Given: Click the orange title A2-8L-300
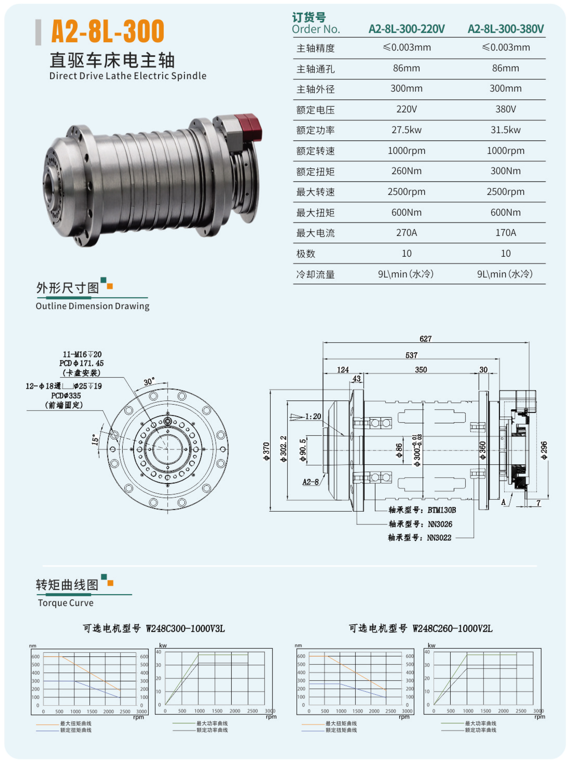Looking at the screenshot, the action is (108, 31).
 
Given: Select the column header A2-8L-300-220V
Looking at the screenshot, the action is (407, 29).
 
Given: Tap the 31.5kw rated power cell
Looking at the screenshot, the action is (505, 130).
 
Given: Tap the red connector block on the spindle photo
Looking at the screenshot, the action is (248, 127).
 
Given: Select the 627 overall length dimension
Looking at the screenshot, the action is (425, 339).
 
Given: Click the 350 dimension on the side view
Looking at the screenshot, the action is (421, 370).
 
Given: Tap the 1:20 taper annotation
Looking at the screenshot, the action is (313, 416).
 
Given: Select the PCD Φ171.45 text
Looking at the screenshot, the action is (81, 363).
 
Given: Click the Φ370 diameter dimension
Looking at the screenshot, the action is (266, 451).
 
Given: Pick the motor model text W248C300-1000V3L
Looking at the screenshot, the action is (185, 629).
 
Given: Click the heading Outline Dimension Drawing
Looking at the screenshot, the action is (92, 306).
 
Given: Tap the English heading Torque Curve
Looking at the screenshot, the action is (66, 603).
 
